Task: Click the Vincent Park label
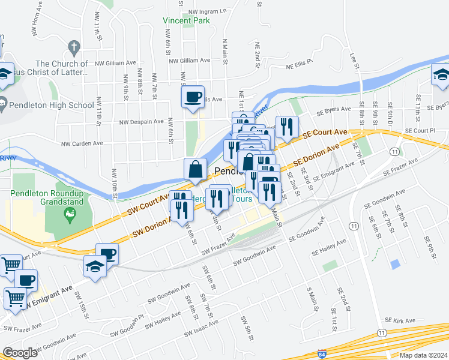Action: coord(186,20)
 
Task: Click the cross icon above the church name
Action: coord(74,46)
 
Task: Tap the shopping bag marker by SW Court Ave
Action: coord(196,170)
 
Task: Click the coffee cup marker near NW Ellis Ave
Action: coord(193,97)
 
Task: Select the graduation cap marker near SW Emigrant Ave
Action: coord(95,266)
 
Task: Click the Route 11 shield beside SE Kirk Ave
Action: coord(382,332)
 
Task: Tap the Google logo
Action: coord(20,353)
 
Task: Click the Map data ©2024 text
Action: coord(423,355)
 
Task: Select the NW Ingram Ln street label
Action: coord(207,11)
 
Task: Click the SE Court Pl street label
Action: coord(420,130)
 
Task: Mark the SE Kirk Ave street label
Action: coord(400,321)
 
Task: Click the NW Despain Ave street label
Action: coord(142,122)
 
